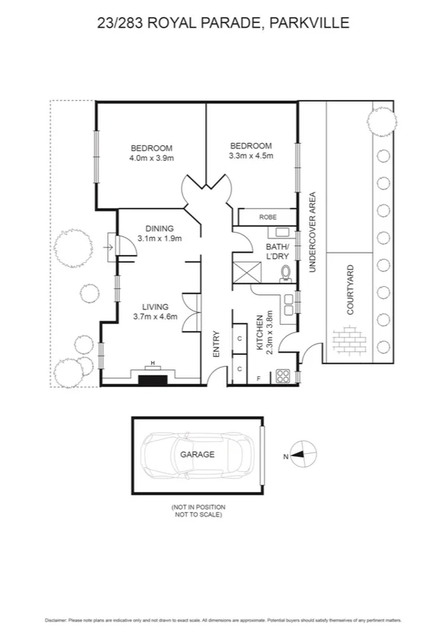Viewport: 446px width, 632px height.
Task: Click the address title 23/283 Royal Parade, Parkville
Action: click(223, 23)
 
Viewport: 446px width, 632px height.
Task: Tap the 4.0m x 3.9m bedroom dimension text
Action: click(151, 158)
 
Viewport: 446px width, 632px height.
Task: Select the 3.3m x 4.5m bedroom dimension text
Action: click(251, 156)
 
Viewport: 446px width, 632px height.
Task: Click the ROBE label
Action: click(267, 217)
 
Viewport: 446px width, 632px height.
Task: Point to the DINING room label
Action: click(159, 229)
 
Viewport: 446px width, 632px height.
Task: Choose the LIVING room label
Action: click(155, 306)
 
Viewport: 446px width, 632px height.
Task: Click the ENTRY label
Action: click(217, 344)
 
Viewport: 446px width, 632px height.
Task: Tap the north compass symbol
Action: click(304, 453)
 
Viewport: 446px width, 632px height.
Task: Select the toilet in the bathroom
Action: click(285, 275)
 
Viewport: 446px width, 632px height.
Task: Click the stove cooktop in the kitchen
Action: click(283, 376)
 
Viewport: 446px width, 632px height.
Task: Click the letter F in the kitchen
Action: click(258, 378)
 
